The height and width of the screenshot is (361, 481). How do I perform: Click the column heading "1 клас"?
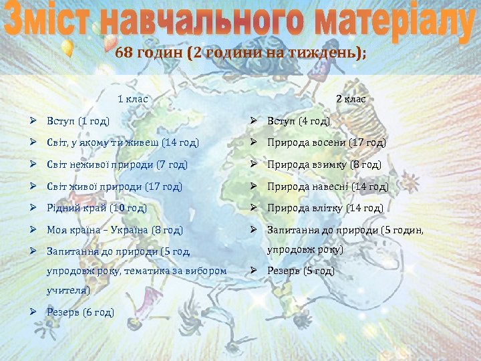[x=132, y=99]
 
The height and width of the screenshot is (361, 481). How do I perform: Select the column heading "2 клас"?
[x=351, y=99]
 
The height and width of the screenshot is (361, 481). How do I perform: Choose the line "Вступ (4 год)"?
[x=299, y=121]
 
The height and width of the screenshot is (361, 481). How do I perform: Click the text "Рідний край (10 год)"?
[x=96, y=208]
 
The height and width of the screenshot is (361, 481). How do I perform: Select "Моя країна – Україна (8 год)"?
[x=114, y=230]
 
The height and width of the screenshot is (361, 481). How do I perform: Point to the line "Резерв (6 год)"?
[x=80, y=312]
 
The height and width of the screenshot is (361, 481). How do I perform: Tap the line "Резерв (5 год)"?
[x=301, y=271]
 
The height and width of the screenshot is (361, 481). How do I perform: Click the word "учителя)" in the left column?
[x=67, y=291]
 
